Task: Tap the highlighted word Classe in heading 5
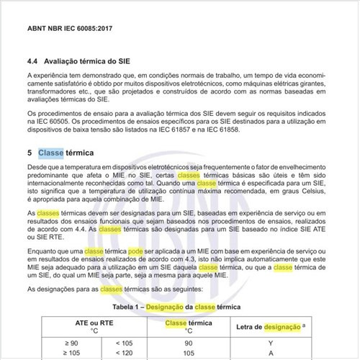[50, 153]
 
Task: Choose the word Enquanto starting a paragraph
[43, 249]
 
